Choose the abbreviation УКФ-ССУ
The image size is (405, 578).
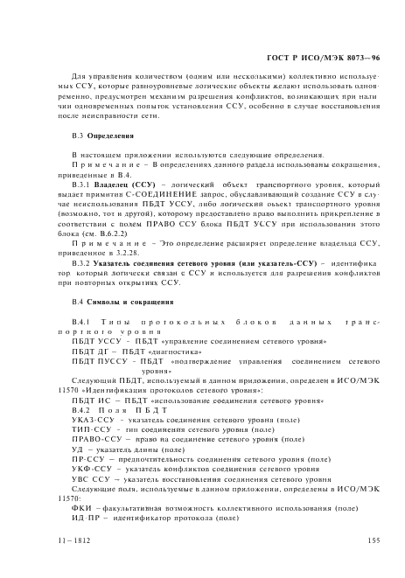90,470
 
